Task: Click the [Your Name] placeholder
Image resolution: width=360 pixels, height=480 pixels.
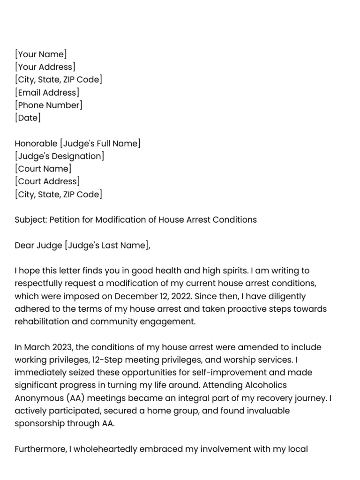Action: [x=41, y=54]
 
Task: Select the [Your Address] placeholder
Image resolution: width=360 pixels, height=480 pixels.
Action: [x=45, y=67]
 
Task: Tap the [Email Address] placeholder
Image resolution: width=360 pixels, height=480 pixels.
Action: [x=47, y=92]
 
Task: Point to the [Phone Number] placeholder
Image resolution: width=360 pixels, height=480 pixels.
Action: [x=49, y=105]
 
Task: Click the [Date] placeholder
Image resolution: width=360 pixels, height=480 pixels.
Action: [x=28, y=118]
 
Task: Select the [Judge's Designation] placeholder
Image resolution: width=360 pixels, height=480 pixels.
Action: [x=60, y=156]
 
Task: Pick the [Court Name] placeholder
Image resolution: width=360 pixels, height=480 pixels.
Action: [x=43, y=169]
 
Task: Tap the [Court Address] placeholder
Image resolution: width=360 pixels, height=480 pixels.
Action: [x=47, y=181]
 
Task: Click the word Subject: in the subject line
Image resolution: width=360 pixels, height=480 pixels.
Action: [x=31, y=219]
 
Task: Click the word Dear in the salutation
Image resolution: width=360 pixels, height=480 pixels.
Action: [x=24, y=245]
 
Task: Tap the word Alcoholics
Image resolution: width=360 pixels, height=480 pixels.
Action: [x=266, y=385]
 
